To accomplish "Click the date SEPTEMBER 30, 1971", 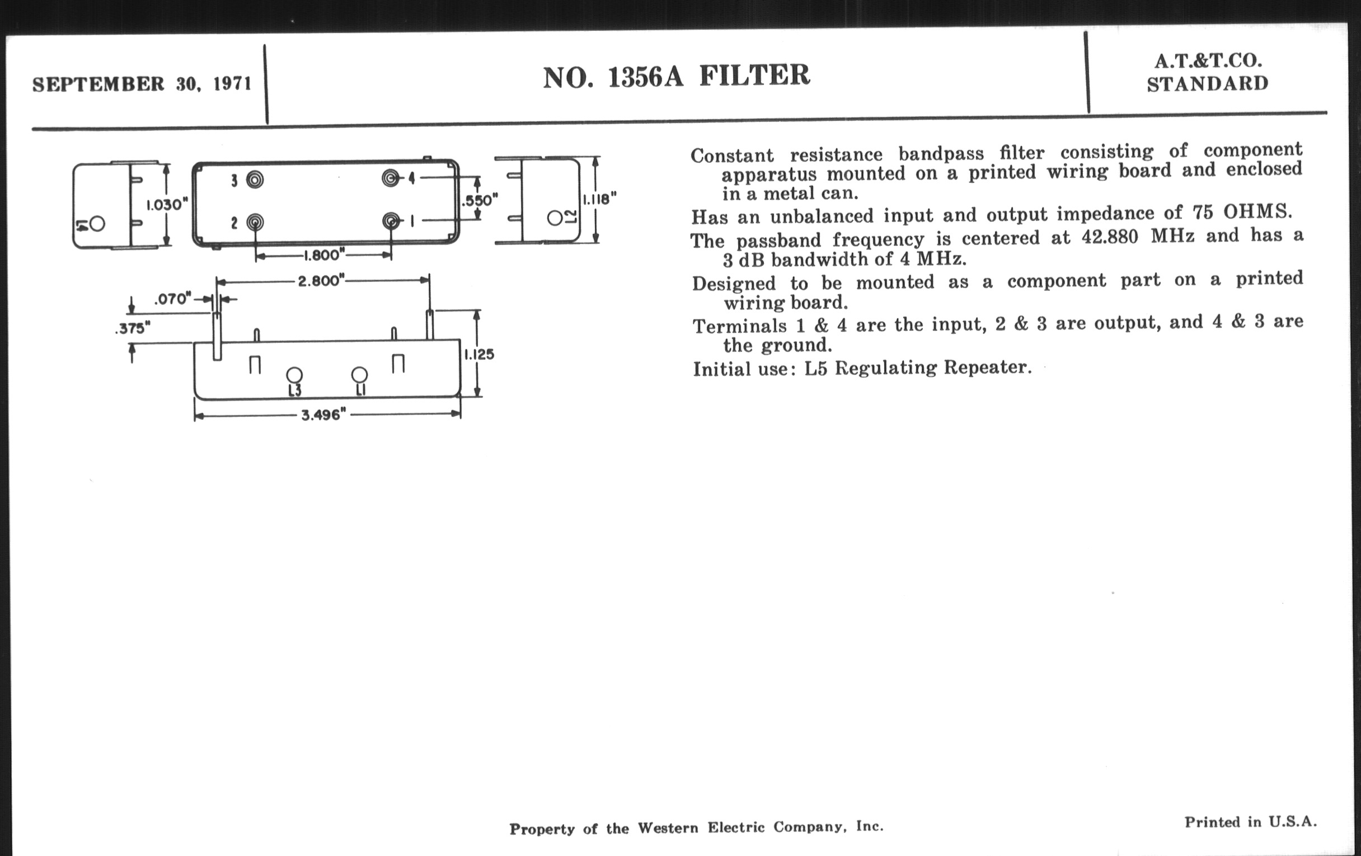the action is (142, 84).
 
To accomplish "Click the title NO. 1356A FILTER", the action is (677, 76).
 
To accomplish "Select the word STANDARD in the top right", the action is (1208, 84).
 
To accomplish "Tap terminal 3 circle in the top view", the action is (255, 180).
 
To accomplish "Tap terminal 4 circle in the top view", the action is (390, 178).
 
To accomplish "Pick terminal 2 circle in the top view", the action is (255, 222).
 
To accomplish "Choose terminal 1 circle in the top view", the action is (391, 220).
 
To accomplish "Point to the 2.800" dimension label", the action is (321, 280).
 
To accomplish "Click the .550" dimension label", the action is (479, 201).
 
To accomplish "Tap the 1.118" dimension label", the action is (599, 199).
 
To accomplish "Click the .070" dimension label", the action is (173, 298).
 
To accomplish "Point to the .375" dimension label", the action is (132, 328).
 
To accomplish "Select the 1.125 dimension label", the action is (479, 354).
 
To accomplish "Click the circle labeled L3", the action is (294, 375).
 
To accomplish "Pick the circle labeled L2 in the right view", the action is (555, 218).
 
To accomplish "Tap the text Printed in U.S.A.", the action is (1250, 822).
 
